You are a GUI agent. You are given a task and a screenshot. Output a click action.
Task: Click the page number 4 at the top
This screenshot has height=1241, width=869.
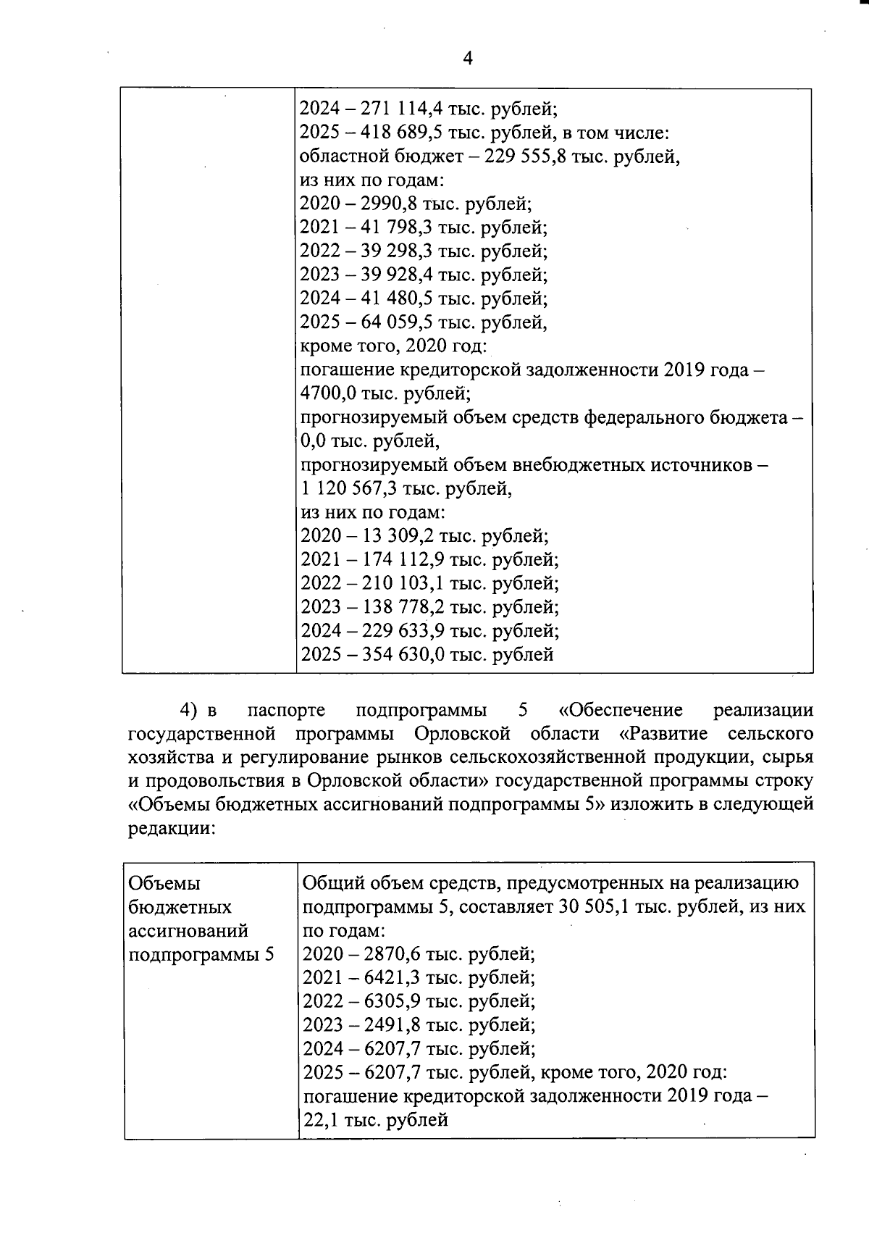click(x=467, y=59)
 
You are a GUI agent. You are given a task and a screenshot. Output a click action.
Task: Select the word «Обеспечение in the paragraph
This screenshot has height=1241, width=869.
click(x=621, y=710)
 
